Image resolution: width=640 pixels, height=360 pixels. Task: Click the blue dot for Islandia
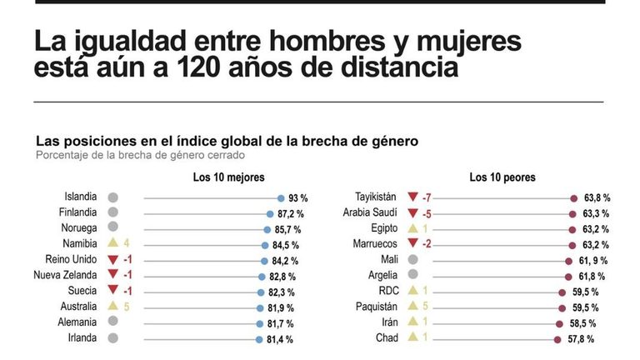[x=281, y=198]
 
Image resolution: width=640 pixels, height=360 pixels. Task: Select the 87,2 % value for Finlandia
[x=289, y=214]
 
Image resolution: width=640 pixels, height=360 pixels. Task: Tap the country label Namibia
[x=80, y=243]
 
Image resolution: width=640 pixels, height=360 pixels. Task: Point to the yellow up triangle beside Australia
[x=112, y=306]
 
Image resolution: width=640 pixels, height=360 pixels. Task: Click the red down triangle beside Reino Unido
[x=112, y=260]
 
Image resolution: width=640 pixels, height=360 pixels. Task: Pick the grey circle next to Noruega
[x=113, y=227]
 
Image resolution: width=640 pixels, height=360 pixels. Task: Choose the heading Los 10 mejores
[x=229, y=177]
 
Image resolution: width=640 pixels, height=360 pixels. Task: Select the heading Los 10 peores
[x=502, y=177]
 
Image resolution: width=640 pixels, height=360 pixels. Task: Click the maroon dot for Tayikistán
[x=574, y=198]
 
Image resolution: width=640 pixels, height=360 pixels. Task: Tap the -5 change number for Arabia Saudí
[x=427, y=214]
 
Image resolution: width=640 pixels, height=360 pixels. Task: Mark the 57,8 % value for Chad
[x=581, y=339]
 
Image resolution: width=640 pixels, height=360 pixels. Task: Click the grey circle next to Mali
[x=413, y=260]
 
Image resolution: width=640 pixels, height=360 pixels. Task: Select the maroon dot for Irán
[x=560, y=324]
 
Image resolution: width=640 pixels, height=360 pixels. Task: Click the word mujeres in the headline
[x=469, y=42]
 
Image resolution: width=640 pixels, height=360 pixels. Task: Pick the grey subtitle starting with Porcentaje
[x=140, y=155]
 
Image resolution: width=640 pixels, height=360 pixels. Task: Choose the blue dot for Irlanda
[x=259, y=340]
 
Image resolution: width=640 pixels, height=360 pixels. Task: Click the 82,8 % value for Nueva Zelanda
[x=282, y=277]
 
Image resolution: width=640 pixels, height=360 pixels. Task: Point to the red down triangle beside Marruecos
[x=413, y=243]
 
